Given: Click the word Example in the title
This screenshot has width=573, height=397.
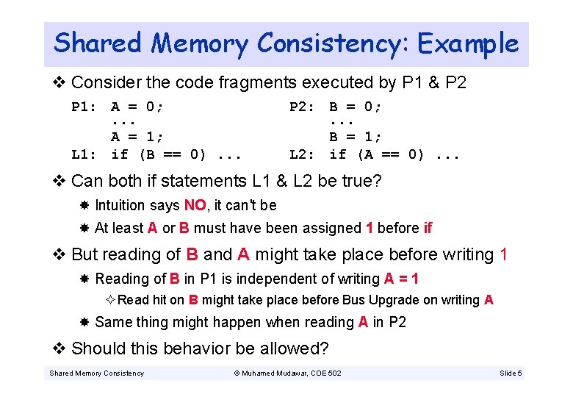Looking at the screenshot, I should (468, 43).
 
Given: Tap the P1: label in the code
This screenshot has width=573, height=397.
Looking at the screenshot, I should (84, 107).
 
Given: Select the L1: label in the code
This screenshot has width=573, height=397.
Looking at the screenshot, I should (84, 154).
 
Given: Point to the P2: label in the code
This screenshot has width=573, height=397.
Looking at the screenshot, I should (303, 107).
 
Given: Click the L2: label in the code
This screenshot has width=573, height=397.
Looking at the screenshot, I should (303, 154).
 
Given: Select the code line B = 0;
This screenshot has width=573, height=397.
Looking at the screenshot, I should (356, 107).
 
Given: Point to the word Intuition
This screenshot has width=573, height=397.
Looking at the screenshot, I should (120, 205).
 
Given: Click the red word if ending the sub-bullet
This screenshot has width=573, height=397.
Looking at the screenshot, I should (428, 228).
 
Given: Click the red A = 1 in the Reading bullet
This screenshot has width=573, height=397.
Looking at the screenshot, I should (402, 279).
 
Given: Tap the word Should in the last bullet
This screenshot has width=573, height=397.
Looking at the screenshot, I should (96, 348).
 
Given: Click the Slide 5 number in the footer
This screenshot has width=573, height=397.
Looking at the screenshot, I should (511, 373).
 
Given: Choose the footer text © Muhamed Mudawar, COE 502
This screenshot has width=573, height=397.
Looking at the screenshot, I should (287, 373).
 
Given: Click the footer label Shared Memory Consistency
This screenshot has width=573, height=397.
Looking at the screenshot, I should (96, 373).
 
